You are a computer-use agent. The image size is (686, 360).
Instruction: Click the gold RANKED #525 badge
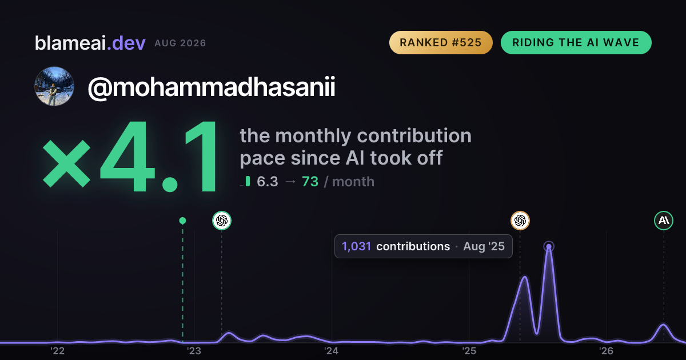tap(441, 42)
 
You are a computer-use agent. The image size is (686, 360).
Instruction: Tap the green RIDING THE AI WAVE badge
tap(576, 42)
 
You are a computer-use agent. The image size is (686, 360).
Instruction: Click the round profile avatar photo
tap(54, 86)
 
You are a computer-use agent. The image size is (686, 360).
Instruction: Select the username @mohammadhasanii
tap(212, 87)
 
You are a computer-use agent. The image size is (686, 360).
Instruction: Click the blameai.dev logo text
tap(90, 43)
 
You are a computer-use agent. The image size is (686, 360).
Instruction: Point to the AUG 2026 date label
tap(180, 43)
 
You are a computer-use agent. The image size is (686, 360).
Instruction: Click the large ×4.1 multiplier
tap(130, 157)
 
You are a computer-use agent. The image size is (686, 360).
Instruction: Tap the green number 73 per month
tap(310, 182)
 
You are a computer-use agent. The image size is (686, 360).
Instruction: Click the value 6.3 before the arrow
tap(268, 182)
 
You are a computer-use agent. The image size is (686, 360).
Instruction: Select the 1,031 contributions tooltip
tap(423, 246)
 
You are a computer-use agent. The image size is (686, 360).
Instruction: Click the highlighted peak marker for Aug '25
tap(549, 246)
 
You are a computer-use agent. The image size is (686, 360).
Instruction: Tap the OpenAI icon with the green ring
tap(222, 221)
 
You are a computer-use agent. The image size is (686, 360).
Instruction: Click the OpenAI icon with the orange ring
tap(520, 221)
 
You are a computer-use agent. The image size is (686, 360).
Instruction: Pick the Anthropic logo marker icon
tap(664, 221)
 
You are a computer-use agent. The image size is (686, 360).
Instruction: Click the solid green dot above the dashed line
tap(182, 221)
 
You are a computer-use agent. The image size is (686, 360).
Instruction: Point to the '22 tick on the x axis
tap(57, 351)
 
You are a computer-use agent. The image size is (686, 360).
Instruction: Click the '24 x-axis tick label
tap(332, 351)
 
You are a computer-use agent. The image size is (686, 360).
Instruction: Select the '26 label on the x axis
tap(606, 351)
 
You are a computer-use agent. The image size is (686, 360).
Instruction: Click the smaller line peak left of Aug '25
tap(525, 277)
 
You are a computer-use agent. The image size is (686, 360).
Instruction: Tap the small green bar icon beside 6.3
tap(248, 181)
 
